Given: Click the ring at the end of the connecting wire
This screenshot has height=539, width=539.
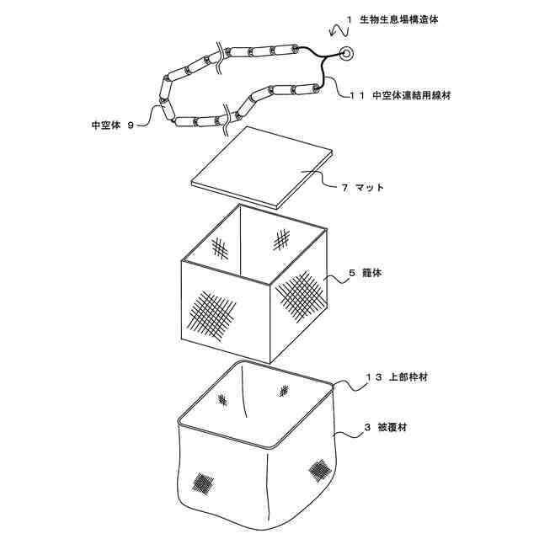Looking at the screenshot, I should [346, 55].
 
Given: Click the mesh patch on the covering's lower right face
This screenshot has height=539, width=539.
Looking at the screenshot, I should [320, 468].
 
